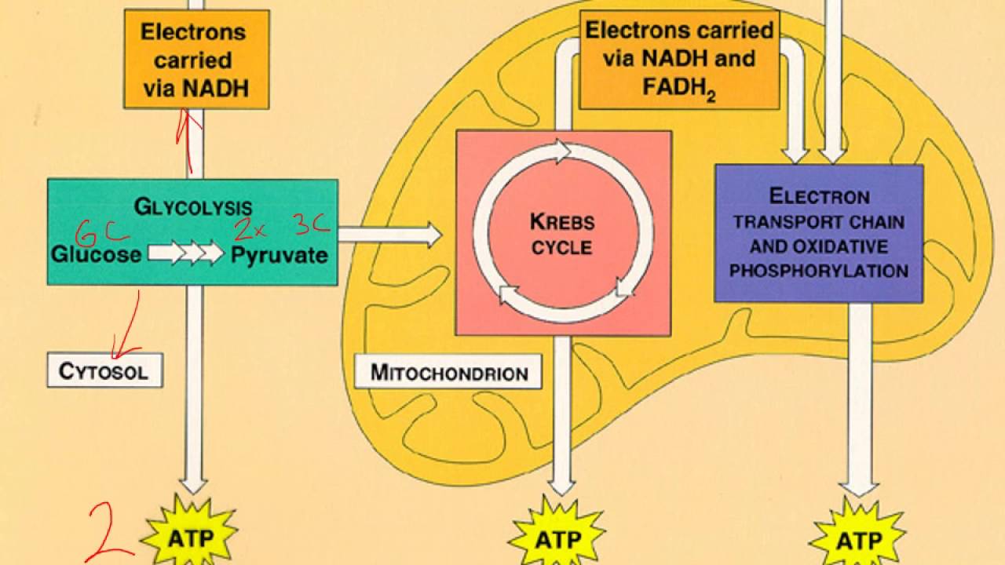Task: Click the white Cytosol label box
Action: click(104, 370)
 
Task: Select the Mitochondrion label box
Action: click(448, 371)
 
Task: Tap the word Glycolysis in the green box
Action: click(193, 206)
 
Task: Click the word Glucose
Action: click(97, 254)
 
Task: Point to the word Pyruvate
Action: click(279, 254)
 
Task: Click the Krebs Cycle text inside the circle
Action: click(561, 234)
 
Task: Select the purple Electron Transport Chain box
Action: click(818, 233)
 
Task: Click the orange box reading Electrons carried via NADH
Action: click(196, 59)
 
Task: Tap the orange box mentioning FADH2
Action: click(679, 59)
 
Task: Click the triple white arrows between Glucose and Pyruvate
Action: click(186, 253)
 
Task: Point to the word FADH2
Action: click(679, 86)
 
